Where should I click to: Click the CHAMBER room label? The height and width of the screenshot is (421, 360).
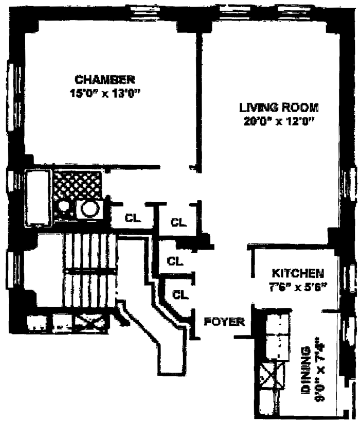tap(105, 80)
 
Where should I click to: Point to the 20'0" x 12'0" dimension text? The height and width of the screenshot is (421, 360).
tap(279, 122)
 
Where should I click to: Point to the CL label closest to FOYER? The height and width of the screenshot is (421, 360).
tap(179, 294)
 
